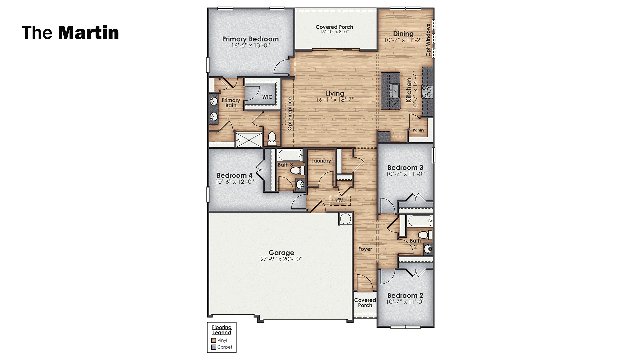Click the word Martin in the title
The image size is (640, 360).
88,33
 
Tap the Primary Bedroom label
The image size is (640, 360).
250,39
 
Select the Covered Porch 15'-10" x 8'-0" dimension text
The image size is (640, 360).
334,32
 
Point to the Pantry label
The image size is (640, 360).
418,130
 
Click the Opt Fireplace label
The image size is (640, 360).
290,113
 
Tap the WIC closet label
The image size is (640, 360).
267,97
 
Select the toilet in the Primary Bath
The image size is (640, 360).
272,138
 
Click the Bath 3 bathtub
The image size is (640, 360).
290,155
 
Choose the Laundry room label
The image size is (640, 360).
321,161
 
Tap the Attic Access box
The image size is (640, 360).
340,200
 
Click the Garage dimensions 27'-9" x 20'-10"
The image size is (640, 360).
281,259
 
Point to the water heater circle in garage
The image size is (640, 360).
345,218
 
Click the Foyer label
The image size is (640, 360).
365,249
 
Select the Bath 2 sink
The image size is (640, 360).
428,249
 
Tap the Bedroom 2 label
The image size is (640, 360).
405,295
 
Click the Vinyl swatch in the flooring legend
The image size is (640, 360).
214,340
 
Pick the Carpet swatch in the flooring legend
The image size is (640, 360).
214,347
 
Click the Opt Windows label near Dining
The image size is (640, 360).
428,40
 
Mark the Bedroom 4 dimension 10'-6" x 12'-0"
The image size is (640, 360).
235,182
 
